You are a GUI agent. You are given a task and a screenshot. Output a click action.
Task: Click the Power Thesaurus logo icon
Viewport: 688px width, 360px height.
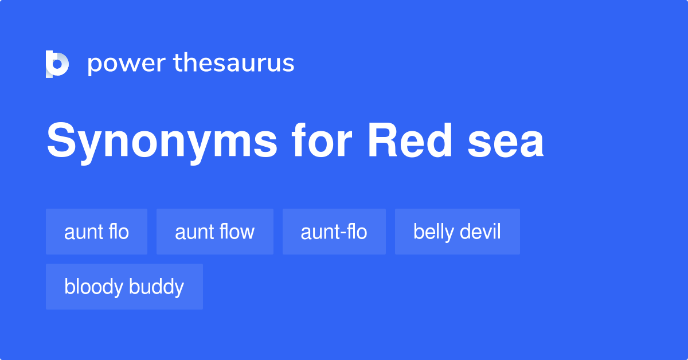(x=57, y=64)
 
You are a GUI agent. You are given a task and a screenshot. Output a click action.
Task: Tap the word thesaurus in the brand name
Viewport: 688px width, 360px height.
(x=234, y=64)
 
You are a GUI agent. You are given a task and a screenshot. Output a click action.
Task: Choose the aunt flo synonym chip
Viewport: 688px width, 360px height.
(x=96, y=232)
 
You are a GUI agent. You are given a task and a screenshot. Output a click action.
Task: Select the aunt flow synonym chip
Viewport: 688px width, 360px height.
(x=214, y=232)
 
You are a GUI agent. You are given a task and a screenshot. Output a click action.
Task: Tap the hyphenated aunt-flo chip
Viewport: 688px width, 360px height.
(x=334, y=232)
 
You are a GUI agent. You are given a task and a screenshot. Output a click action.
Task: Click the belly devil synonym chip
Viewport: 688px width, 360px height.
(x=457, y=232)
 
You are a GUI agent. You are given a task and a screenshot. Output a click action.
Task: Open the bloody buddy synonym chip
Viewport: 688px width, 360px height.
(x=124, y=287)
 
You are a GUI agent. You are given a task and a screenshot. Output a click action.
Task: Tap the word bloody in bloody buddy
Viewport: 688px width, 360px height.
(x=92, y=287)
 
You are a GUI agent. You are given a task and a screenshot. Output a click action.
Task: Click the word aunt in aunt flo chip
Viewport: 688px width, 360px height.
(x=80, y=232)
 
